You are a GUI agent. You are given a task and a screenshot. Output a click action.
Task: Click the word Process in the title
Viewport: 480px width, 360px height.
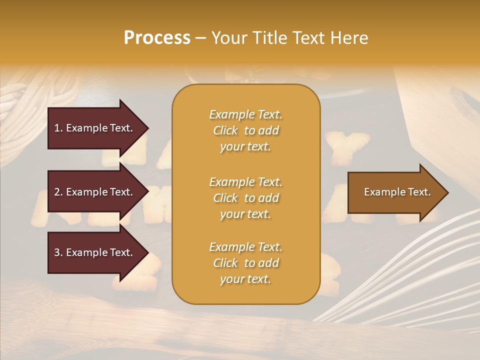[157, 38]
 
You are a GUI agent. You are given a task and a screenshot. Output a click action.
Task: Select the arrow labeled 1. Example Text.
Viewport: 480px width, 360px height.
[94, 128]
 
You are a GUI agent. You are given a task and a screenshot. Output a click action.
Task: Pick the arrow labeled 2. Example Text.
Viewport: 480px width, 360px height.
[94, 192]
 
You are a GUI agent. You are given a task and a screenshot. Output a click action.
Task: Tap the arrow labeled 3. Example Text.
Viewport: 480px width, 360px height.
[94, 252]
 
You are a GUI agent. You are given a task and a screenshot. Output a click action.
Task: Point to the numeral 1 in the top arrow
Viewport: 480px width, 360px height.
[57, 128]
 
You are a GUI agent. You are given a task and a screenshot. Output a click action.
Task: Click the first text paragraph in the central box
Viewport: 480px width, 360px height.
[245, 130]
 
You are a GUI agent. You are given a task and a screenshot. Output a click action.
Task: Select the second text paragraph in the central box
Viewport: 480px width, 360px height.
[245, 197]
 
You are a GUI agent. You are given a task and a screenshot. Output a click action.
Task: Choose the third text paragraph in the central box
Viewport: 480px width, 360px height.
[245, 263]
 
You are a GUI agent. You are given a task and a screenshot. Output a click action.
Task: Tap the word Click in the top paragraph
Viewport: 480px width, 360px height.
[225, 131]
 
